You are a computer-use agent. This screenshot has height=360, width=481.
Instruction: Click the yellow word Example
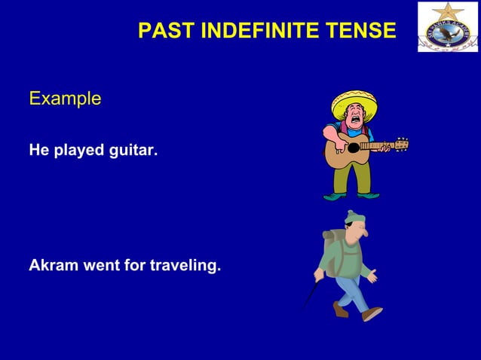[x=65, y=99]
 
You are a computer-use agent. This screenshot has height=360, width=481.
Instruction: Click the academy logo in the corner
[x=448, y=27]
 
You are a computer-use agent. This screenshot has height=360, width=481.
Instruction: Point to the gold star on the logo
[x=448, y=12]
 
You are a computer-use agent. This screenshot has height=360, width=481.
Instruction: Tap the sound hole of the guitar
[x=353, y=148]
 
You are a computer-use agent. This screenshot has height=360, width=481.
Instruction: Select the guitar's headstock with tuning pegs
[x=401, y=144]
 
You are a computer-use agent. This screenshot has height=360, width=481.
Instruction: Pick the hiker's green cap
[x=354, y=218]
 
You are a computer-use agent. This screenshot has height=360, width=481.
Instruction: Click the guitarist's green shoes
[x=351, y=196]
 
